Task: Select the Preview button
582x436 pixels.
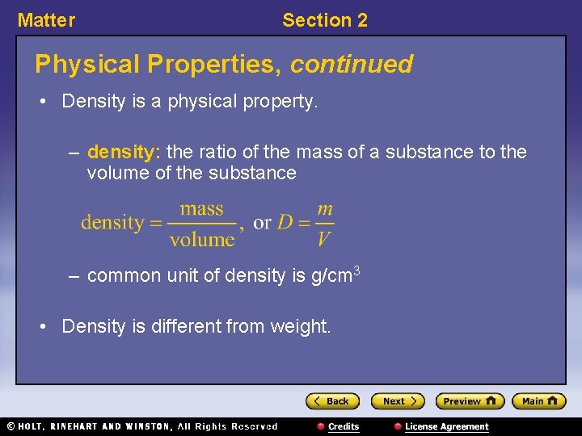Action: pyautogui.click(x=470, y=401)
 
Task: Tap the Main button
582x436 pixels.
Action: pyautogui.click(x=539, y=401)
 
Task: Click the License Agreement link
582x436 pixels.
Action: pyautogui.click(x=446, y=426)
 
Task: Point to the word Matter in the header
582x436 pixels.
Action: pyautogui.click(x=46, y=21)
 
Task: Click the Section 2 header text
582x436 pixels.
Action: pyautogui.click(x=324, y=21)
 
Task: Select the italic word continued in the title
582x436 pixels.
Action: pyautogui.click(x=352, y=64)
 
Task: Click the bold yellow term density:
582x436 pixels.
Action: pyautogui.click(x=124, y=152)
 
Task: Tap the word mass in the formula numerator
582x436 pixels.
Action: pyautogui.click(x=201, y=209)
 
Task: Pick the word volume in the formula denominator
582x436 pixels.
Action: pyautogui.click(x=202, y=239)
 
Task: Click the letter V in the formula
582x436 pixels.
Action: pyautogui.click(x=323, y=239)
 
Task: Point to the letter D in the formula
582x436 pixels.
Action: pyautogui.click(x=285, y=223)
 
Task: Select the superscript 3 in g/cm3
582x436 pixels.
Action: pyautogui.click(x=356, y=270)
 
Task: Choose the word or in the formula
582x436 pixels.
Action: pyautogui.click(x=262, y=223)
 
